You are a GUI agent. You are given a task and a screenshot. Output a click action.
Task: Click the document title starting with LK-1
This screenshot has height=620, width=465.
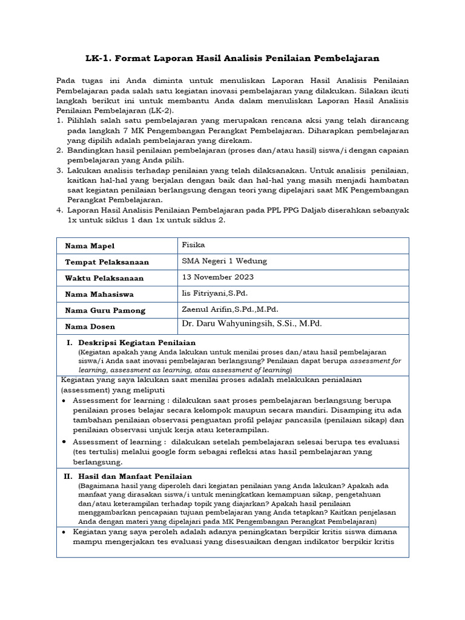(x=232, y=58)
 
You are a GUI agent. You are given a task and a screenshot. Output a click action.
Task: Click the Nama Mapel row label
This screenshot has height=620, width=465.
(x=90, y=246)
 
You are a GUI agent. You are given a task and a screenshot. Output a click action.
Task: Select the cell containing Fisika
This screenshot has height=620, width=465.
(x=194, y=245)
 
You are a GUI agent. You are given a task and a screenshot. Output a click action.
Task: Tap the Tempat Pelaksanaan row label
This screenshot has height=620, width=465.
(x=107, y=262)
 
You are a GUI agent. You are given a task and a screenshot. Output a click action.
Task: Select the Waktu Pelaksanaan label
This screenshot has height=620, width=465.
(x=104, y=279)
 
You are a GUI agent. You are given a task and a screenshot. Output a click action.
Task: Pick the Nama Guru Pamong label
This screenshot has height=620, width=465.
(x=105, y=311)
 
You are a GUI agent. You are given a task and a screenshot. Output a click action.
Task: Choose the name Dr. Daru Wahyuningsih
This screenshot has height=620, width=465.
(x=252, y=324)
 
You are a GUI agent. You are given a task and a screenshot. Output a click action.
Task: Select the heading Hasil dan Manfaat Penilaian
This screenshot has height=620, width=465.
(x=135, y=477)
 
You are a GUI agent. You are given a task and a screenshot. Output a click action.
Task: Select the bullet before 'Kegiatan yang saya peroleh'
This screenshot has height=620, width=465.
(x=64, y=532)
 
